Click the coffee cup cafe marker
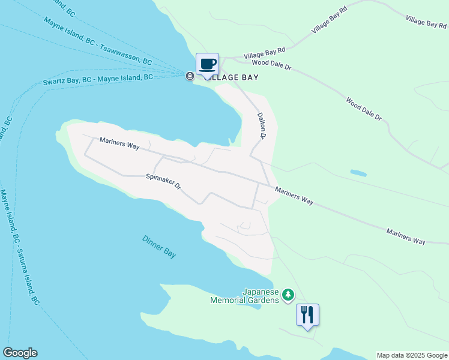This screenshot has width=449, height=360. coord(208,64)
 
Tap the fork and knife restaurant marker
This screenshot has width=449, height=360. coord(307,314)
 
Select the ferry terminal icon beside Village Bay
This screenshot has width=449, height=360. coord(190,76)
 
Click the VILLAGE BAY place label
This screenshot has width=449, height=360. coord(232,77)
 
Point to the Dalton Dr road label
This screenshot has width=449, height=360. coord(262,125)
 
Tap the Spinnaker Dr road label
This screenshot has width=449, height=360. coord(163,181)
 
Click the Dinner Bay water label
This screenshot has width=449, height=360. coord(159,246)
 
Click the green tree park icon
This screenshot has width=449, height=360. coord(289,295)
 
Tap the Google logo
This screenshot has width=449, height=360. coord(20,353)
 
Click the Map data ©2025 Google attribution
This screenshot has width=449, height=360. coord(412,355)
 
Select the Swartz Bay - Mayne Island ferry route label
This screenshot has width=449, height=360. coord(98,80)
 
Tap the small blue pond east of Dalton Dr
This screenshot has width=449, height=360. coord(358,173)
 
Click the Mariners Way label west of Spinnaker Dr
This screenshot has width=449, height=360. coord(119,144)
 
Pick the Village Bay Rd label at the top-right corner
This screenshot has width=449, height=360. coord(426,22)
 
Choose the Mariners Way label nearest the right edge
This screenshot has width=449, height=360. coord(406,236)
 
